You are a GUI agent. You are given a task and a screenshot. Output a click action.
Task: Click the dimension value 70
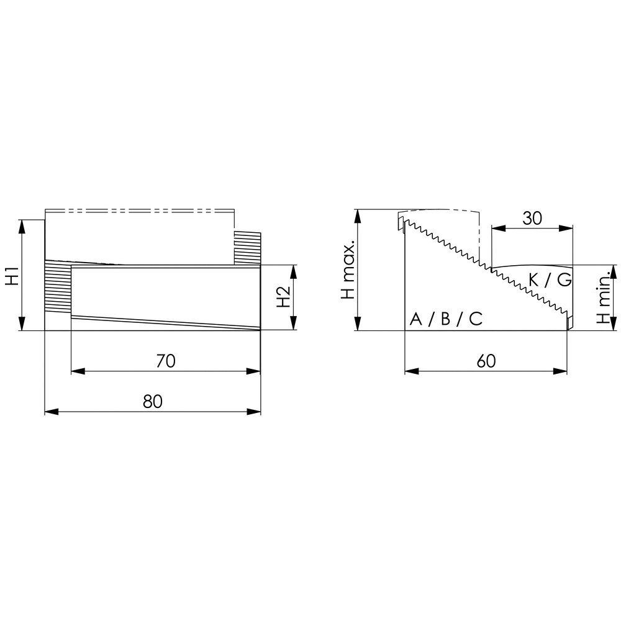pos(166,361)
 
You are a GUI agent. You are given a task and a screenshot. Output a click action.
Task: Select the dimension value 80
pos(153,401)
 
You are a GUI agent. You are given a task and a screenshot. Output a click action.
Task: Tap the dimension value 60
pos(486,361)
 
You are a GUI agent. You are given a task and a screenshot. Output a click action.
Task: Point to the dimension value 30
pos(532,218)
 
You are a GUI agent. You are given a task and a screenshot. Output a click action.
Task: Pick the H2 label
pos(284,297)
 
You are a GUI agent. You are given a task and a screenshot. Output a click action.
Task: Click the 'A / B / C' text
pos(446,319)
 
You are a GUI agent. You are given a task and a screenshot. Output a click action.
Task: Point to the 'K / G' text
pos(550,280)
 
